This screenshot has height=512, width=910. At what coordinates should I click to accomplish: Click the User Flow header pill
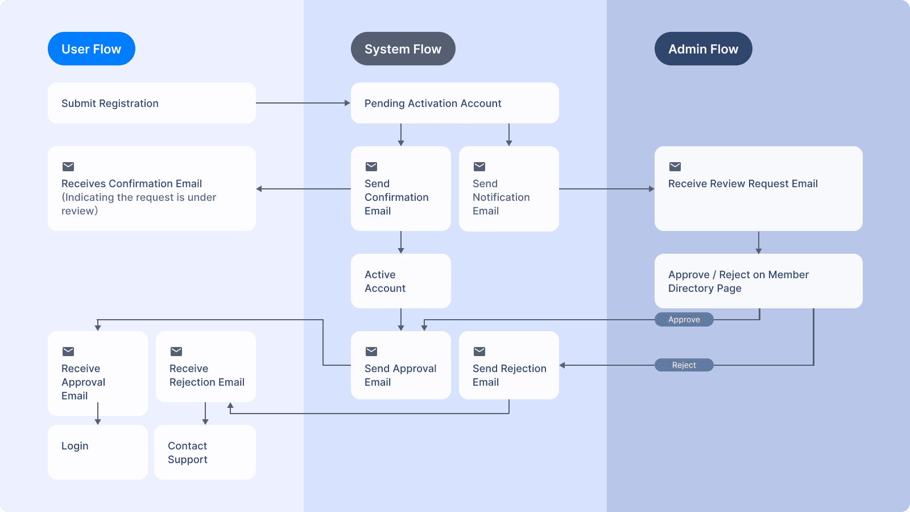91,49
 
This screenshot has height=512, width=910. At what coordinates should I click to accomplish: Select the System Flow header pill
403,49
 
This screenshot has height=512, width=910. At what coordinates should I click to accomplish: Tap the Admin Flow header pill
703,49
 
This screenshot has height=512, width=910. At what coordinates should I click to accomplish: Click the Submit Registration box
151,103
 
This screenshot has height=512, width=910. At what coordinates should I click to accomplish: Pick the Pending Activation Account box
454,103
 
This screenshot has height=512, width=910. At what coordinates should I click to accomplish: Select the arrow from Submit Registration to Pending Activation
303,103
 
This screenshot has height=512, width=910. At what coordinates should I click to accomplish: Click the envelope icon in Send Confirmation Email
371,167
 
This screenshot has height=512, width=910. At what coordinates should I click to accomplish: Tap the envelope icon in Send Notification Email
479,167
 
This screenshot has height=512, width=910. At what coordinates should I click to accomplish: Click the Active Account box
400,281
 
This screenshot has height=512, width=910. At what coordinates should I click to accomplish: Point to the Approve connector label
684,320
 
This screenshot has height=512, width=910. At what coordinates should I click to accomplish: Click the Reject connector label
684,365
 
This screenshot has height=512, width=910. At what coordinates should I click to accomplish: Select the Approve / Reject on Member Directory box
758,281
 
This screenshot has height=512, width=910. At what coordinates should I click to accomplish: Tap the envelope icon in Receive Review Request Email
675,167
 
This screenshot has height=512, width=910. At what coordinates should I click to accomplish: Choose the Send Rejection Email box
508,365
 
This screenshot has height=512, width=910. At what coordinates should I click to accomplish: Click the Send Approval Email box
400,365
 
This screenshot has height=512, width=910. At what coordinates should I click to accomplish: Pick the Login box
97,452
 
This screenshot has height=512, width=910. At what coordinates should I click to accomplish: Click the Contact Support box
205,452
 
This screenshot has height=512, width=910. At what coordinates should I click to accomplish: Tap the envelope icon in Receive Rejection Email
176,352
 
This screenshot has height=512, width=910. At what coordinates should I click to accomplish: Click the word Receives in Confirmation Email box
84,184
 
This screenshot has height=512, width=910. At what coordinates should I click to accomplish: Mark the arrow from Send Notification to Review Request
606,189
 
